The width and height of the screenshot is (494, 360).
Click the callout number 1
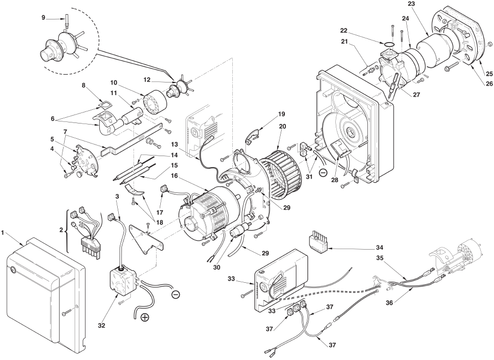point(3,233)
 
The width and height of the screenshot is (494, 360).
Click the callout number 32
point(102,325)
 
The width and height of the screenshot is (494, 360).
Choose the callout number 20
point(282,126)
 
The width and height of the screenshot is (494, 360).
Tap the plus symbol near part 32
point(145,317)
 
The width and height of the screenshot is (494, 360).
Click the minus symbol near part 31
point(323,172)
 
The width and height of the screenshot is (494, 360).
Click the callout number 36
point(390,303)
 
